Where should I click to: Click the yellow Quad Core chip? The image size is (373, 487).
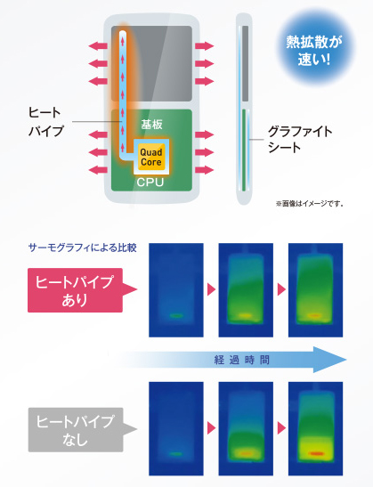pos(151,157)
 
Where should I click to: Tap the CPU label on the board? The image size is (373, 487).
pos(150,182)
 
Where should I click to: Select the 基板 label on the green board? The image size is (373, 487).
pos(151,125)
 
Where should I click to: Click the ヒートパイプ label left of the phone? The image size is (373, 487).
pos(46,121)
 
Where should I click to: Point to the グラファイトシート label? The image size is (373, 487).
pos(300,140)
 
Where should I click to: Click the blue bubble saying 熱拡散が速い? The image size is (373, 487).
pos(314,51)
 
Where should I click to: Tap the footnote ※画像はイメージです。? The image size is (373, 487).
pos(310,204)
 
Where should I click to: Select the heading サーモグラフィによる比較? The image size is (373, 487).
pos(82,248)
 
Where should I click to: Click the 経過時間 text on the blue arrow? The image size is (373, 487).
pos(242,360)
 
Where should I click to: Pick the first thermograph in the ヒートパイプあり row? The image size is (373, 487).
pos(176,290)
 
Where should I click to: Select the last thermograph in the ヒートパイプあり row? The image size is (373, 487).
pos(315,290)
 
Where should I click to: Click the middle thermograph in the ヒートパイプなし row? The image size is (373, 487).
pos(246,428)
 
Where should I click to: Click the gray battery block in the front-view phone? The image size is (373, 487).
pos(151,63)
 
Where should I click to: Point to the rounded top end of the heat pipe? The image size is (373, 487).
pos(123,33)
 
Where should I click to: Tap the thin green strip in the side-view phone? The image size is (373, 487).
pos(244,150)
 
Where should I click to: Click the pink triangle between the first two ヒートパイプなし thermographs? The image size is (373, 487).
pos(211,428)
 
